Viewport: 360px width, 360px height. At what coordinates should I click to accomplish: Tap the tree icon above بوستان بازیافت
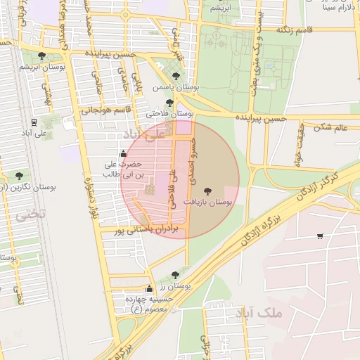(207, 191)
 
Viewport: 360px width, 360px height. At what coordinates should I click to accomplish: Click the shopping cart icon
(321, 236)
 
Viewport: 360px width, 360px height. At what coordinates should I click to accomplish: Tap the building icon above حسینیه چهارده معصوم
(149, 289)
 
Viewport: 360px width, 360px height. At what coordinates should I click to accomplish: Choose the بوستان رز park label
(175, 286)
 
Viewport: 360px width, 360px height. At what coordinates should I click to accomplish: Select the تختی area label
(30, 214)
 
